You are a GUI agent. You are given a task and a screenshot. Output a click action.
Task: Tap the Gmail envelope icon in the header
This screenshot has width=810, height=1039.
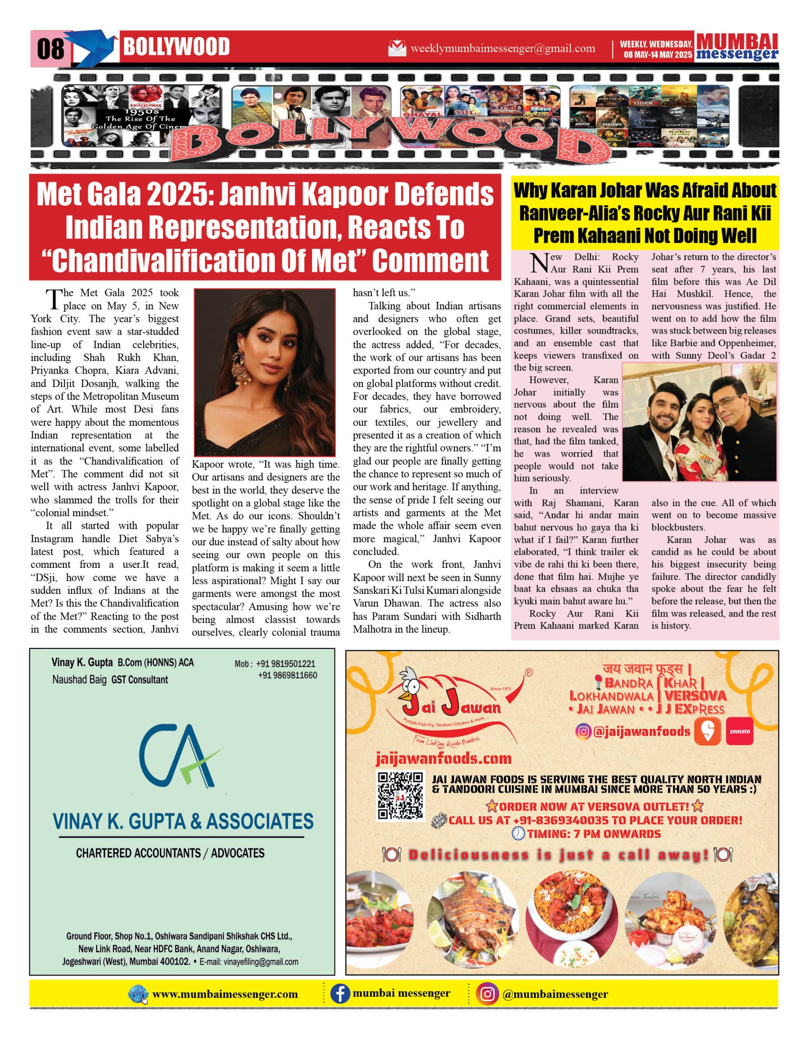[397, 49]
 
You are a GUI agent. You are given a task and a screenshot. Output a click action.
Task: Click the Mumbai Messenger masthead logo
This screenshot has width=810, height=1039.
[737, 47]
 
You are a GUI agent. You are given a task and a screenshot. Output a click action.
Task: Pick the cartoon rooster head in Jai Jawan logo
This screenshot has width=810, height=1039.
[410, 683]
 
